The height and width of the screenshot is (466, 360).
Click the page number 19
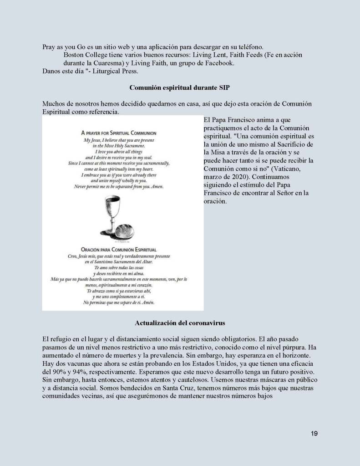(314, 433)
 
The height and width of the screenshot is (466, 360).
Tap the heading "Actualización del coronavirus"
(180, 323)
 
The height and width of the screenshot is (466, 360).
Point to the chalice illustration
(109, 214)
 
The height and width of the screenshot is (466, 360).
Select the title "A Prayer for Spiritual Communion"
(118, 133)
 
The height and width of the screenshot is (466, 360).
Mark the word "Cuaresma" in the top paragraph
(103, 63)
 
